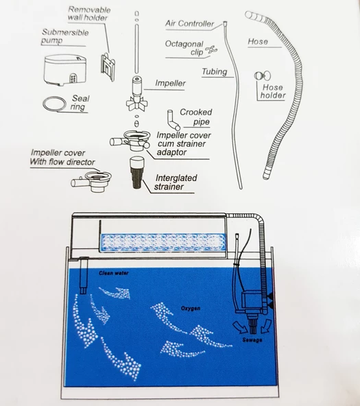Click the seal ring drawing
click(45, 101)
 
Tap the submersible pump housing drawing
click(65, 69)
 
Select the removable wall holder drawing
click(108, 67)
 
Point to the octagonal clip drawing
click(211, 50)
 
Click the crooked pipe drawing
click(173, 121)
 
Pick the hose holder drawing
click(263, 76)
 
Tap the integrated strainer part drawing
click(137, 172)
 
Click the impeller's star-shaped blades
click(137, 103)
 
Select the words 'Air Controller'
click(190, 23)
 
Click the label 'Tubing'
click(215, 71)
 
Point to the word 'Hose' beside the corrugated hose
click(258, 41)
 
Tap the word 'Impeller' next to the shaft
click(170, 83)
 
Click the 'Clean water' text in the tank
click(114, 273)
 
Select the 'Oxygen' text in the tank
click(191, 308)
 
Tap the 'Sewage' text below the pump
click(252, 339)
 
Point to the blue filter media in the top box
click(163, 242)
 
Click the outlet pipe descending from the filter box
click(84, 276)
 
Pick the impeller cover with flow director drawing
click(92, 181)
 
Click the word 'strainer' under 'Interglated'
click(169, 187)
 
